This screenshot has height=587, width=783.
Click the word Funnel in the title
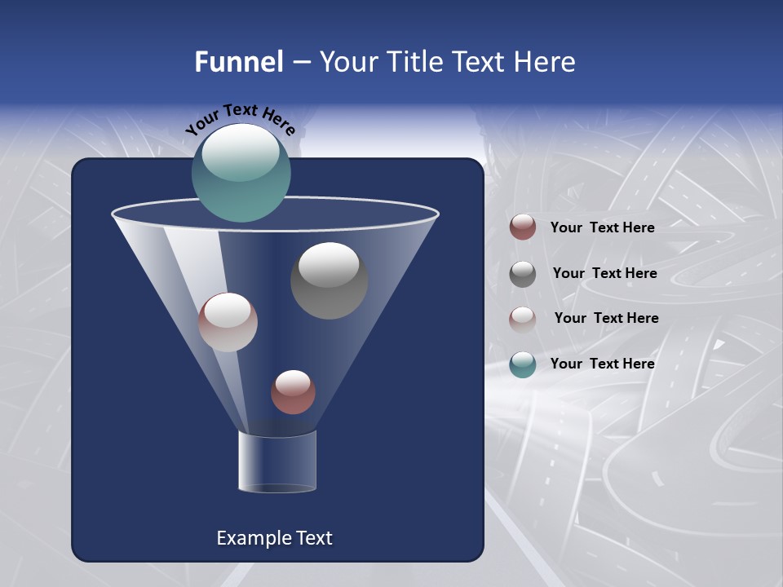click(238, 62)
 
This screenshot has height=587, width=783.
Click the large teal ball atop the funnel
click(241, 172)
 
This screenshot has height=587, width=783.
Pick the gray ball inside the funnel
click(329, 280)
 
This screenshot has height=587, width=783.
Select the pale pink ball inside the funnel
click(228, 322)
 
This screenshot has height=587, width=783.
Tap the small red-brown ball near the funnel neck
click(293, 391)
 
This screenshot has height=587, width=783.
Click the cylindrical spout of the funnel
click(277, 461)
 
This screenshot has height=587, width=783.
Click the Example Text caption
click(274, 538)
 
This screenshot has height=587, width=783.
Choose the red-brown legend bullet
click(523, 227)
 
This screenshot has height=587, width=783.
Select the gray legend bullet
click(523, 274)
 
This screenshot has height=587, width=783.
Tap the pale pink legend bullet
click(523, 320)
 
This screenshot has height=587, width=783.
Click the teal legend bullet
click(523, 364)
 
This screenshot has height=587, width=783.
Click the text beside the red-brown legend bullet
click(602, 227)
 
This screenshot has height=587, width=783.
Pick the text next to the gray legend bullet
click(604, 273)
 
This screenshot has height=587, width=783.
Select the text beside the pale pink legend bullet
click(606, 318)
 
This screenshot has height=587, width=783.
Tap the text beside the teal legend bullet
click(602, 364)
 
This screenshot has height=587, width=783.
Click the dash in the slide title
click(301, 62)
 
